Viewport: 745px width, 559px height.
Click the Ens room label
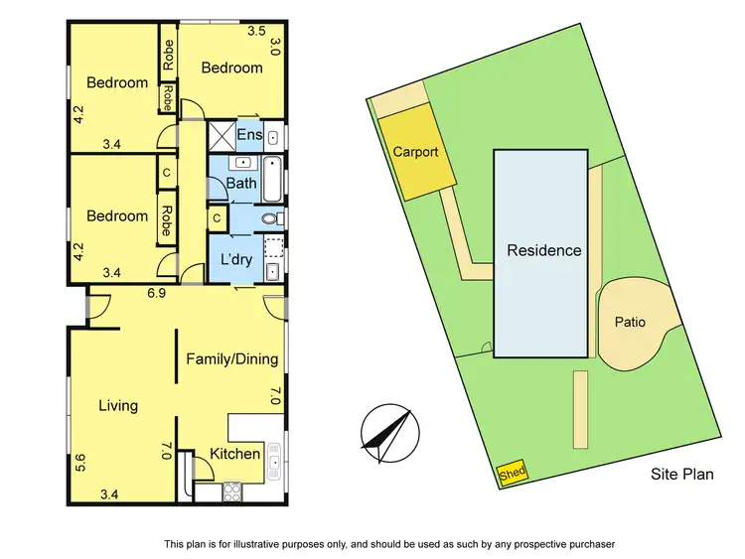point(249,135)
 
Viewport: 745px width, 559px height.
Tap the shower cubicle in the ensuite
point(220,134)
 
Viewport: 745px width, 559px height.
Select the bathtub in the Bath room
point(275,175)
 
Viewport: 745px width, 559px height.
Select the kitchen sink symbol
point(275,458)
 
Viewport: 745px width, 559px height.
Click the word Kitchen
point(235,455)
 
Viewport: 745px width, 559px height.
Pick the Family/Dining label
point(232,359)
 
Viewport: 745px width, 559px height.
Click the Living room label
point(118,405)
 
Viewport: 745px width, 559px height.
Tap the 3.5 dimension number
point(255,31)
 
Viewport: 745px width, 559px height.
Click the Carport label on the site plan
point(415,154)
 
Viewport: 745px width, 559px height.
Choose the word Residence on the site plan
point(544,250)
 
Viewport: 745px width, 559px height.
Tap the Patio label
point(630,322)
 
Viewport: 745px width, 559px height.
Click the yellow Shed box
point(513,474)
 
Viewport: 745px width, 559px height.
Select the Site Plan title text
point(681,475)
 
